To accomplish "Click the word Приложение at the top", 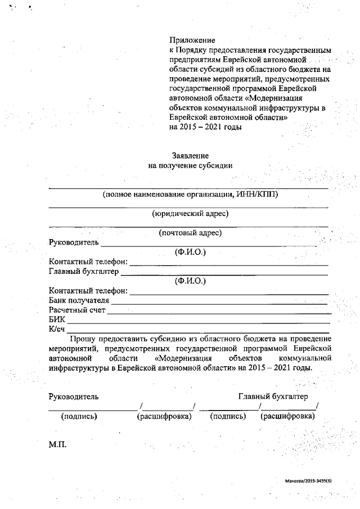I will (192, 40).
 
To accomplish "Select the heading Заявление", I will (190, 155).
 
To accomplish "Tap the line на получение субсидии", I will (190, 165).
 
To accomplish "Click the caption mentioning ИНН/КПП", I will (190, 195).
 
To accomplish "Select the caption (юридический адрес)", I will (190, 213).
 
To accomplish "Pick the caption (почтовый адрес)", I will (190, 233).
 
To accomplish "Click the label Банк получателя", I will (79, 300).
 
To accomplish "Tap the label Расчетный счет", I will (77, 310).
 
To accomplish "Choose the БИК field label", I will (57, 319).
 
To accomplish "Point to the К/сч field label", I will (57, 329).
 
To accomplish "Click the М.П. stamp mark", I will (58, 445).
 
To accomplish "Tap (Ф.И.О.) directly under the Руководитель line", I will (190, 253).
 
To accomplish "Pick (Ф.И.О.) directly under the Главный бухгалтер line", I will (190, 281).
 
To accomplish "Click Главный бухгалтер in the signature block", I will (273, 397).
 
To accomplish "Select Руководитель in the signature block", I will (74, 397).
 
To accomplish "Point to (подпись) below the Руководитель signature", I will (79, 417).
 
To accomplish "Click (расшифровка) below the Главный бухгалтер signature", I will (287, 417).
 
